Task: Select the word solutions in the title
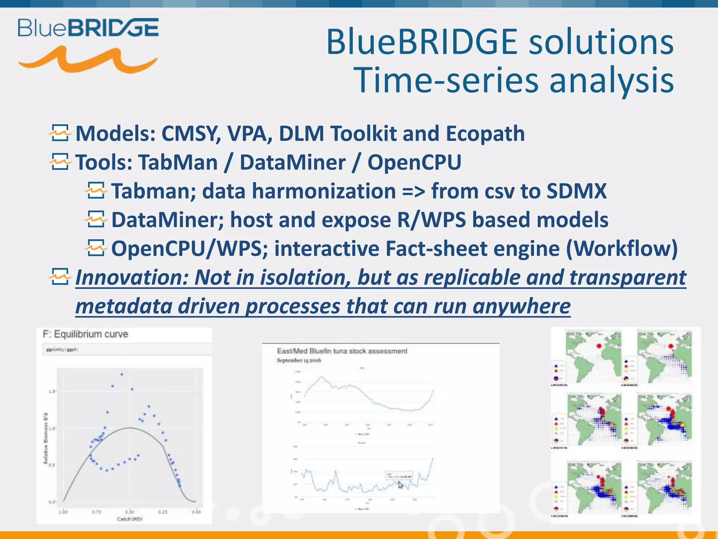[601, 42]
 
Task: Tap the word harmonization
[324, 192]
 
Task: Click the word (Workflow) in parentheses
[622, 249]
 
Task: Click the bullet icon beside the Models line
[60, 133]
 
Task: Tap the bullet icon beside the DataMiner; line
[95, 219]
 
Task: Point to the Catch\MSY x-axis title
[130, 519]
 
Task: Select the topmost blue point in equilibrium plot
[122, 374]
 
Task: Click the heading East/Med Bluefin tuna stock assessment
[342, 351]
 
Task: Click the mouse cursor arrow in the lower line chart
[400, 485]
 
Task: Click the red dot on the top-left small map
[599, 346]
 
